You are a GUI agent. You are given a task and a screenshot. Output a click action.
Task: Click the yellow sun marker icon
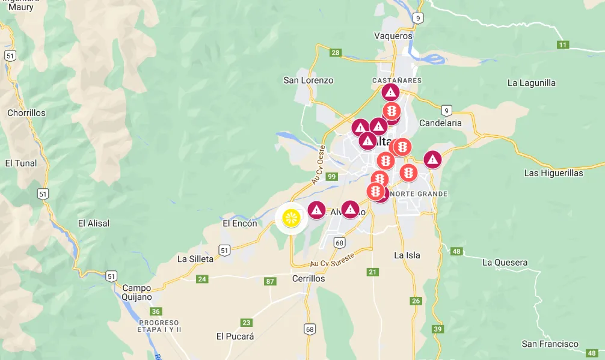pyautogui.click(x=292, y=218)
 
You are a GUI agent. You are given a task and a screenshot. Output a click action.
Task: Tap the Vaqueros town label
pyautogui.click(x=393, y=35)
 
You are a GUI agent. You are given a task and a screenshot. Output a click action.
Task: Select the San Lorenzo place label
pyautogui.click(x=308, y=80)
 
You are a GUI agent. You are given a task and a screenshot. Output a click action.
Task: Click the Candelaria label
pyautogui.click(x=440, y=123)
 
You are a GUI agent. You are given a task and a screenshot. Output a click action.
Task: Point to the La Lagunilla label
pyautogui.click(x=532, y=83)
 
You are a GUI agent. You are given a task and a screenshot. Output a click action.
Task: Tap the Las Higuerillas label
pyautogui.click(x=553, y=173)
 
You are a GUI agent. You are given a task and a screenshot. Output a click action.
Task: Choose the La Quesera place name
pyautogui.click(x=505, y=263)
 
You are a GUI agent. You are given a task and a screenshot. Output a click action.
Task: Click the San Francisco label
pyautogui.click(x=550, y=344)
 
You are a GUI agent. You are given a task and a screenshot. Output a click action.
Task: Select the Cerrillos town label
pyautogui.click(x=308, y=279)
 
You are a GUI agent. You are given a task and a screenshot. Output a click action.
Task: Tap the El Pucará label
pyautogui.click(x=235, y=337)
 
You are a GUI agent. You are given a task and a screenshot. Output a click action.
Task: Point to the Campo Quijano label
pyautogui.click(x=137, y=292)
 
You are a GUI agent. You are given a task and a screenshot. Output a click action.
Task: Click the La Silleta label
pyautogui.click(x=195, y=259)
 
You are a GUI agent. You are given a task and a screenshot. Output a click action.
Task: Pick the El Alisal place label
pyautogui.click(x=94, y=223)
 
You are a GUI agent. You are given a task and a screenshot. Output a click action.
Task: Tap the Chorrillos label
pyautogui.click(x=26, y=113)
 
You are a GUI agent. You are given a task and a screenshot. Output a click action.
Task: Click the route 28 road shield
pyautogui.click(x=336, y=53)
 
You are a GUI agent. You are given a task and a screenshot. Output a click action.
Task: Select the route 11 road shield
pyautogui.click(x=563, y=44)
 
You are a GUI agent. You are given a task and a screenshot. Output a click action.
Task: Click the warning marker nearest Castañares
pyautogui.click(x=390, y=93)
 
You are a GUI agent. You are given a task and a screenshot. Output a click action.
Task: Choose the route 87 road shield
pyautogui.click(x=270, y=281)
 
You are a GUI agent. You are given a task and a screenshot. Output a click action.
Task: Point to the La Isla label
pyautogui.click(x=407, y=255)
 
